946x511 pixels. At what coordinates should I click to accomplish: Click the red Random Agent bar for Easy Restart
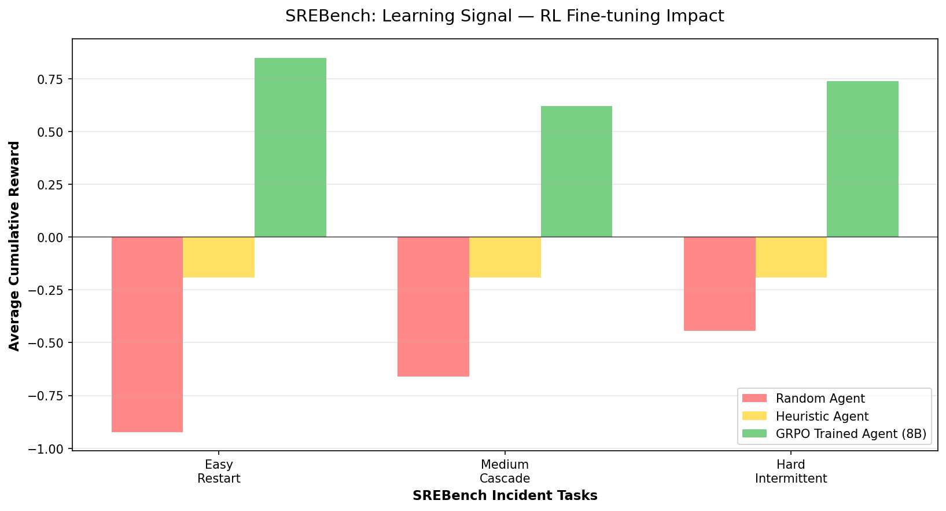tap(147, 334)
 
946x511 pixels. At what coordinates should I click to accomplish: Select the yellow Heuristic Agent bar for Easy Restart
tap(219, 257)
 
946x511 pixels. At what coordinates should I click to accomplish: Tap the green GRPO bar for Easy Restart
tap(290, 147)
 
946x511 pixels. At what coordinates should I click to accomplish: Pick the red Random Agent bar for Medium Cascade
tap(433, 306)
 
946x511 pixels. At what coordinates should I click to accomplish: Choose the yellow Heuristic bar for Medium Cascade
tap(505, 257)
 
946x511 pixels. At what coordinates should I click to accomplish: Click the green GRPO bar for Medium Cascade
tap(576, 171)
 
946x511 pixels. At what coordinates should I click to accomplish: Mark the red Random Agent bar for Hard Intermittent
tap(719, 284)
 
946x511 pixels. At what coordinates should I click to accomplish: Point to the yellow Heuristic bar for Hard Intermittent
tap(791, 257)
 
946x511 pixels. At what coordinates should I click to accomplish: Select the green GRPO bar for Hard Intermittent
tap(863, 159)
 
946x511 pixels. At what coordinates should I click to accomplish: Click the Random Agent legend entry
tap(820, 399)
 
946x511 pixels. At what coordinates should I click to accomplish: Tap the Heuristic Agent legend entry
tap(822, 416)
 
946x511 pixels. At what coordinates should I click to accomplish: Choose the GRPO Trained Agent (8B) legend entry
tap(851, 434)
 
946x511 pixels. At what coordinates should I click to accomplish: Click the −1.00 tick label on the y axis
tap(47, 449)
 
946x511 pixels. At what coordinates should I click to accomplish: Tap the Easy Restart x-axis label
tap(219, 472)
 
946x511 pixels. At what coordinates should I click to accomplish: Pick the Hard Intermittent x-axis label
tap(791, 472)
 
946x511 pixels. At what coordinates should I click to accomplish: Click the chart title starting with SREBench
tap(505, 16)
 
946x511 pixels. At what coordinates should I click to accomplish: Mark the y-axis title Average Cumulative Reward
tap(14, 246)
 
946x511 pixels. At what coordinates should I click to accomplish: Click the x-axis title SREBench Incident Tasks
tap(505, 496)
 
